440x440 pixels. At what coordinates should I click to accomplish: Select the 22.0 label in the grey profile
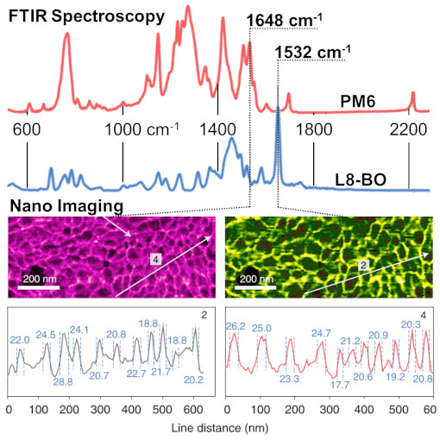click(20, 341)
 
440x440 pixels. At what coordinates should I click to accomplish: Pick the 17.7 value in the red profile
click(340, 384)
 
